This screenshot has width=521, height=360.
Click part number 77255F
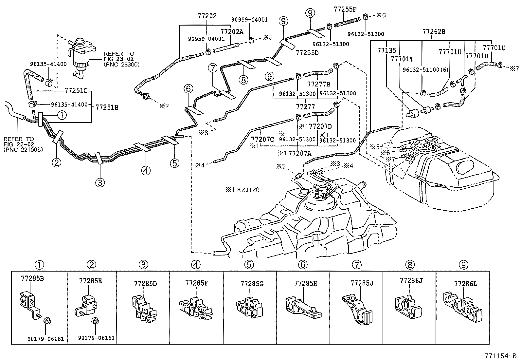345,9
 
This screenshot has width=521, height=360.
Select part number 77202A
232,32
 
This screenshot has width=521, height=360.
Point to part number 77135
386,50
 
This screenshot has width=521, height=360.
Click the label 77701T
402,59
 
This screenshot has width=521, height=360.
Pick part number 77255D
307,52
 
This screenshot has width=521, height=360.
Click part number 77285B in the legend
32,279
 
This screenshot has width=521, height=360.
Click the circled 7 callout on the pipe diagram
213,68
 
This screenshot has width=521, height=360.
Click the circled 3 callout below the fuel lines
100,182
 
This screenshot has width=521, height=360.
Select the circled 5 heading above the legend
249,264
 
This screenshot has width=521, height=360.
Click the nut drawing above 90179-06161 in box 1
47,321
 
